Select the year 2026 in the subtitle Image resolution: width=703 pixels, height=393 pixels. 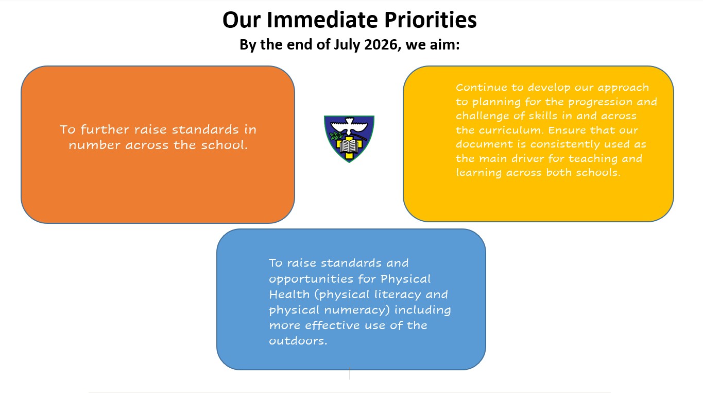pos(381,45)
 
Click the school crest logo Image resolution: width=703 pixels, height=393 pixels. pos(349,138)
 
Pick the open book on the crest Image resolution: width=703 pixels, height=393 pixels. pos(349,146)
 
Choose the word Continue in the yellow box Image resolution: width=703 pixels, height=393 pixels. pos(478,87)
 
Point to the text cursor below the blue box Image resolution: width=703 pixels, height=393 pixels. pos(350,373)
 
